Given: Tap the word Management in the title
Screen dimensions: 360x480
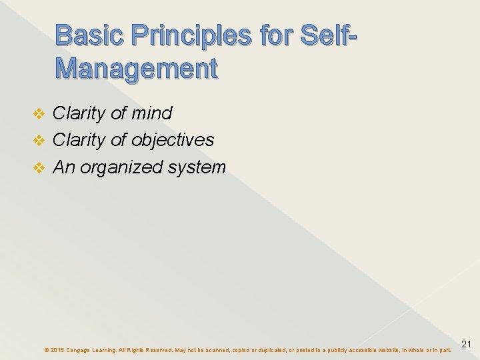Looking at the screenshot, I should [137, 68].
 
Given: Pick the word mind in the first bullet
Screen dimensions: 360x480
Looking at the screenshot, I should [151, 113].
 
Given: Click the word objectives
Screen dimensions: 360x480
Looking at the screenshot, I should [173, 140].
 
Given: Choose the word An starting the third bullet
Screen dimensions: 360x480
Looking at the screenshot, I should [63, 167].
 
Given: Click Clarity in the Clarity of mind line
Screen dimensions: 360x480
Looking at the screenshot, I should [79, 113].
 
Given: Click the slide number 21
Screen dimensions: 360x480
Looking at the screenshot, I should [467, 344].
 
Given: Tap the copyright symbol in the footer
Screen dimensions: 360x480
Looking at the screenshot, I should [46, 349].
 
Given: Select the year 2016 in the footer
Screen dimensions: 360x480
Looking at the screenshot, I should [57, 349].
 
